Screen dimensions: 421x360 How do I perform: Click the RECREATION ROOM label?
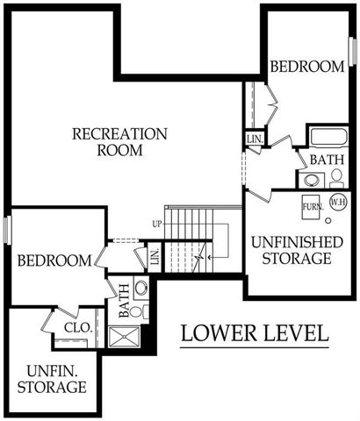[x=119, y=141]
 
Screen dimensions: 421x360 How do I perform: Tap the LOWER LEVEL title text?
[x=255, y=334]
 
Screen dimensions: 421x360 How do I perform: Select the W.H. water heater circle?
[x=337, y=203]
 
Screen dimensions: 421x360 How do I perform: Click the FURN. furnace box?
[x=312, y=208]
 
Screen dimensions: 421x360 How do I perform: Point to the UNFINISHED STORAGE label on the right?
[x=291, y=249]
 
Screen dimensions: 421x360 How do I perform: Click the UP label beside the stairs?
[x=157, y=225]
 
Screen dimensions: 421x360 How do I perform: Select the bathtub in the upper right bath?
[x=328, y=138]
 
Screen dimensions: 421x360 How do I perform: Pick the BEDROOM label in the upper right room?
[x=306, y=67]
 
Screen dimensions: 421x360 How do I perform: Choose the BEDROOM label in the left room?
[x=54, y=260]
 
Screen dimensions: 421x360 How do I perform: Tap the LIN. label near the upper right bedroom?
[x=255, y=139]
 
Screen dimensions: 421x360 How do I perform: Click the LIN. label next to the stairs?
[x=155, y=258]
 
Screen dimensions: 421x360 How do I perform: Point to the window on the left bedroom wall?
[x=8, y=231]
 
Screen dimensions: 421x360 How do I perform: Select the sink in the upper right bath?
[x=312, y=181]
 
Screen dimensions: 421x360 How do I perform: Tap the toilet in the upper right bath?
[x=336, y=175]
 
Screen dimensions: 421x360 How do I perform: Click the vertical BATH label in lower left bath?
[x=124, y=298]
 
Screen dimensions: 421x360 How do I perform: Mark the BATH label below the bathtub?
[x=327, y=160]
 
